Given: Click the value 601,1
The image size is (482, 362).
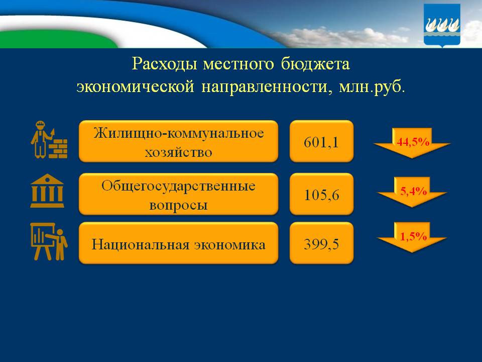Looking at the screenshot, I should coord(321,142).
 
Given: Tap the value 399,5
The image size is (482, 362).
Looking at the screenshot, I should coord(321,244).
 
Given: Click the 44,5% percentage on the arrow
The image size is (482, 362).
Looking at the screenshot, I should coord(413,142).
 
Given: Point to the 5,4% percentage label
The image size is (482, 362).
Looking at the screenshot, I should coord(413,191).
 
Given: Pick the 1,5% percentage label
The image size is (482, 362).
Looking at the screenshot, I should coord(413,236).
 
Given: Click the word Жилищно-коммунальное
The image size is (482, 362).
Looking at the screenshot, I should coord(179,134).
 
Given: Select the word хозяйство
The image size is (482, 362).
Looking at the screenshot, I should coord(179,152).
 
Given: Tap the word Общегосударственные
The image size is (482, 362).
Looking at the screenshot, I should coord(179,186).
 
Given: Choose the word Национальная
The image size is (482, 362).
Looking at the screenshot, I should coord(138,245).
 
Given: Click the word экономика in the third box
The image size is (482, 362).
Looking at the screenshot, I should coord(229,245).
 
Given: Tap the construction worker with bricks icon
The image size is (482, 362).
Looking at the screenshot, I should coord(49,140).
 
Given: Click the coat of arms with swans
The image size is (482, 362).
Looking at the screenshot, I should coord(442,25).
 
